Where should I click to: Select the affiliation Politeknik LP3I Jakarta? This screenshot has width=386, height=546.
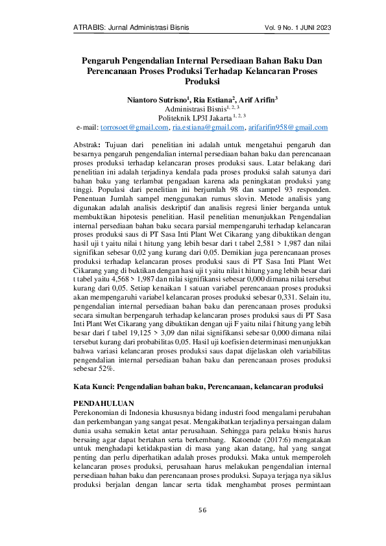click(x=187, y=118)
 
